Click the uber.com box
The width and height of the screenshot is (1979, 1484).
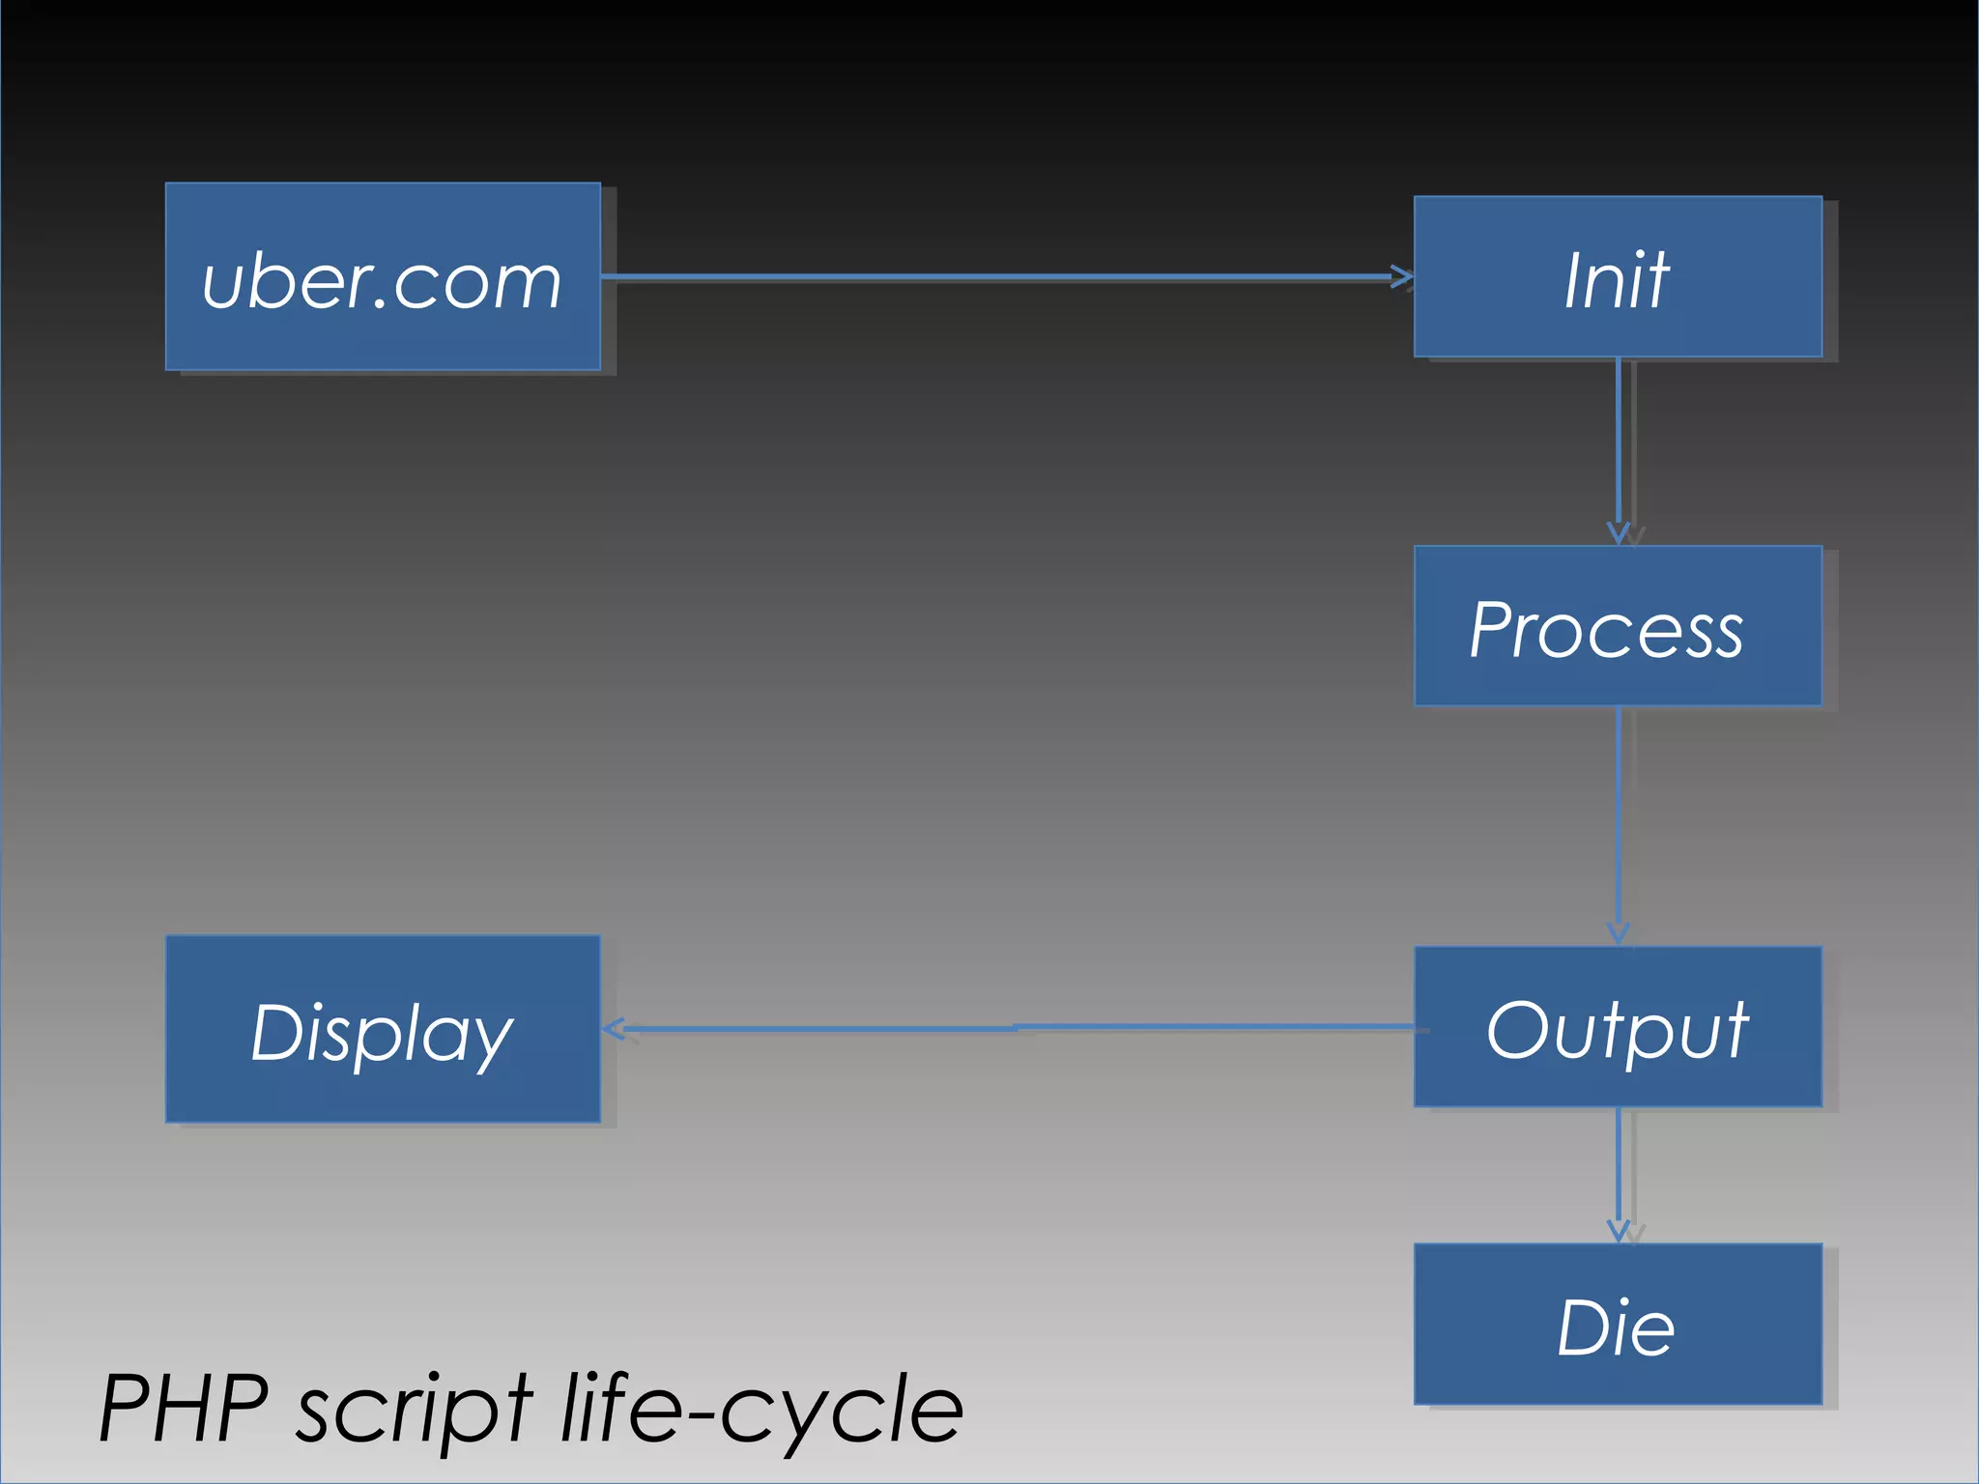tap(383, 276)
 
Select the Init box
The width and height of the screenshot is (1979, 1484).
tap(1618, 277)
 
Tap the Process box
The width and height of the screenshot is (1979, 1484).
tap(1618, 626)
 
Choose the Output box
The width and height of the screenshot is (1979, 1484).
tap(1618, 1027)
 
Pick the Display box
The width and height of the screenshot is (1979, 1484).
tap(383, 1029)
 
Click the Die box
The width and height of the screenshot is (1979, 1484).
tap(1618, 1324)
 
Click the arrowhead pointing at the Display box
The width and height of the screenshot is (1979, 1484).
tap(615, 1029)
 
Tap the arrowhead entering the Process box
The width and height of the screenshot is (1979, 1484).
tap(1619, 534)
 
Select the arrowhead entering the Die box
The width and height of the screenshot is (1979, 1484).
tap(1619, 1232)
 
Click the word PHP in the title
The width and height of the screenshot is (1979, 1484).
tap(184, 1409)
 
